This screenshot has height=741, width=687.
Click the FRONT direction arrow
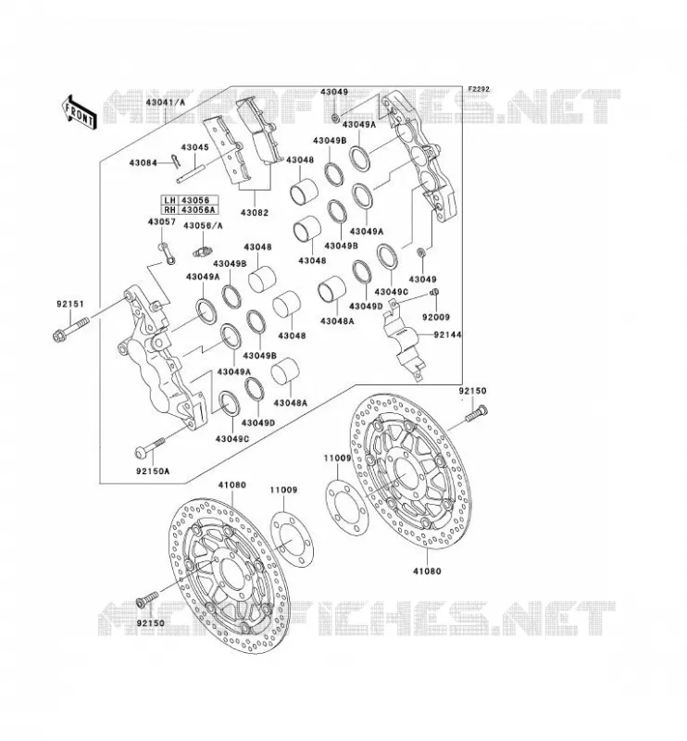click(x=79, y=112)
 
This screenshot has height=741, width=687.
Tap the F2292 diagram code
click(x=479, y=89)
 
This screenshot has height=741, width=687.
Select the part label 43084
click(x=144, y=163)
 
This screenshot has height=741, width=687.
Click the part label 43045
click(x=194, y=147)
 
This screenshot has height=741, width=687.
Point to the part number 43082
click(x=255, y=213)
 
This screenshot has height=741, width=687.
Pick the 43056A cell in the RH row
click(x=198, y=210)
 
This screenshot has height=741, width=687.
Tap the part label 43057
click(x=162, y=221)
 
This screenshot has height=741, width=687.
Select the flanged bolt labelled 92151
click(x=70, y=330)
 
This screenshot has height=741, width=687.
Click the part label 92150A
click(x=153, y=471)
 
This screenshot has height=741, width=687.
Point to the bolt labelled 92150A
click(x=150, y=446)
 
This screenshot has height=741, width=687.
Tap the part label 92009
click(x=436, y=317)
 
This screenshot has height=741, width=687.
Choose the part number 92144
click(x=447, y=334)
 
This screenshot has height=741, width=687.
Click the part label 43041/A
click(x=166, y=102)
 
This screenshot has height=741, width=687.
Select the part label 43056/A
click(x=203, y=226)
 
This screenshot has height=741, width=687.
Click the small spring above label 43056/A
click(x=204, y=251)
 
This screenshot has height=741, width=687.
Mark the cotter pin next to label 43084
click(x=176, y=161)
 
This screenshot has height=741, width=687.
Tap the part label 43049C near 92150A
click(x=232, y=438)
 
